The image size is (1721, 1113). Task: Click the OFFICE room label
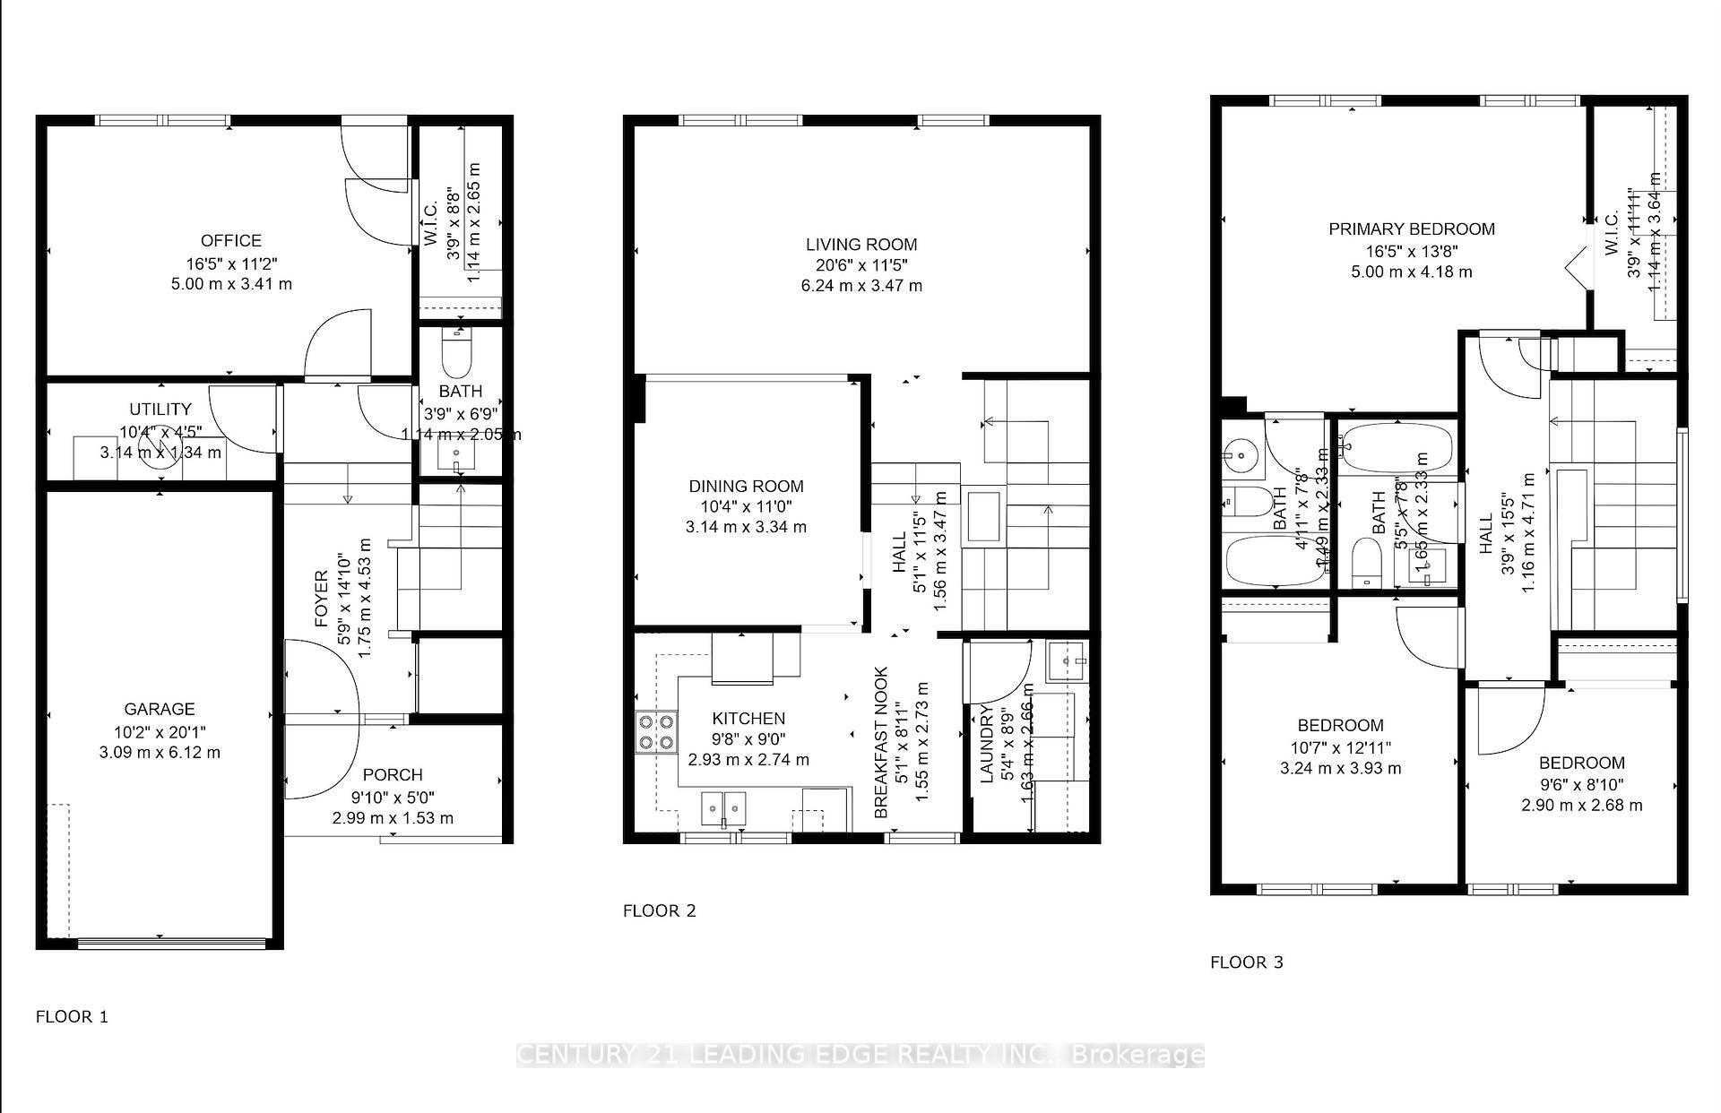230,240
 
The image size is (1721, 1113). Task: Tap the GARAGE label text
160,709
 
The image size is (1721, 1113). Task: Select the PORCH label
392,775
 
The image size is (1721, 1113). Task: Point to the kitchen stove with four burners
656,732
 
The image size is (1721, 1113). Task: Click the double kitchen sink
722,807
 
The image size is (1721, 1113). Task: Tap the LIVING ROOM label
860,244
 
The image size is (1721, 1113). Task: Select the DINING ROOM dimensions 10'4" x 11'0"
746,506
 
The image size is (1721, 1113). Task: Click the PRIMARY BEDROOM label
1411,229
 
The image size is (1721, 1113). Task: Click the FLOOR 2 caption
659,910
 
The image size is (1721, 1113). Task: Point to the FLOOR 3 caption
1246,962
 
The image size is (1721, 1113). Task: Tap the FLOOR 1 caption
72,1016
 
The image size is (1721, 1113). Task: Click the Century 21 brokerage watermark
860,1055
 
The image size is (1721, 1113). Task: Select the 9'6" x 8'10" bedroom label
1581,784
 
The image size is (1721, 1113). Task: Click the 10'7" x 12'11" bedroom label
1340,746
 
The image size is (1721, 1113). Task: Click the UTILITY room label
160,410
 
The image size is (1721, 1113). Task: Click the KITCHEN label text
748,719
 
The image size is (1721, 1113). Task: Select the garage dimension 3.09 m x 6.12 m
160,752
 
